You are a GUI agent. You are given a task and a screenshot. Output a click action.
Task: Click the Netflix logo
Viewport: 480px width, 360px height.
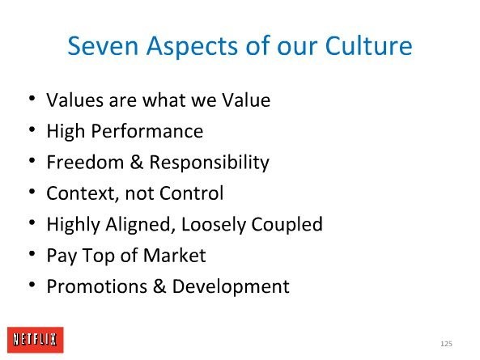(x=36, y=340)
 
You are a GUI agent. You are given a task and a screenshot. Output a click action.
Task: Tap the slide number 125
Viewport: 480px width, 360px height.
(x=446, y=344)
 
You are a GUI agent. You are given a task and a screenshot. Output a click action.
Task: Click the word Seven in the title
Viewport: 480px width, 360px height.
(x=103, y=46)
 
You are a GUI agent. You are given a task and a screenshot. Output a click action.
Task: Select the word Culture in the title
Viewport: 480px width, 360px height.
(x=368, y=45)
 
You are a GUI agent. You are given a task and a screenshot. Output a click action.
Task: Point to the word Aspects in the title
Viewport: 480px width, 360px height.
(x=192, y=47)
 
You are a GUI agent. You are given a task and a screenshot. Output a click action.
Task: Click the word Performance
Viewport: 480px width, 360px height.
(x=147, y=132)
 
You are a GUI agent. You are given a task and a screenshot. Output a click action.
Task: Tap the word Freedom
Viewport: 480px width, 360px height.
(x=85, y=162)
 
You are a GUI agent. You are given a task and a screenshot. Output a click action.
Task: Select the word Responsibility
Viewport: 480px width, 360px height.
(x=210, y=163)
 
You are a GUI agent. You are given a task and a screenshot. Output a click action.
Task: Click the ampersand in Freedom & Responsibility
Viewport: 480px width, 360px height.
(x=137, y=162)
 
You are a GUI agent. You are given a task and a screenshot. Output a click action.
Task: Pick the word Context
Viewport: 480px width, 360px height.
(x=83, y=193)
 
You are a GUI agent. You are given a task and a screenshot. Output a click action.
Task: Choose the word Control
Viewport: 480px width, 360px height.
(x=191, y=193)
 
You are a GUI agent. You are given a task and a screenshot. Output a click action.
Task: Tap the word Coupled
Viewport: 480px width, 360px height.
(x=287, y=225)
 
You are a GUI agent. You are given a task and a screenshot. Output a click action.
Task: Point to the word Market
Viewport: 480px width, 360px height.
(x=175, y=256)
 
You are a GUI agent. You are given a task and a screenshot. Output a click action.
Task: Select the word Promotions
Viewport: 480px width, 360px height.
(x=97, y=286)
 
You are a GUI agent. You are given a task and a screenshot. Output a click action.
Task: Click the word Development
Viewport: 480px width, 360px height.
(x=231, y=287)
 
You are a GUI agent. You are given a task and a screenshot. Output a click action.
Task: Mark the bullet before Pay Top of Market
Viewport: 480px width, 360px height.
(x=32, y=253)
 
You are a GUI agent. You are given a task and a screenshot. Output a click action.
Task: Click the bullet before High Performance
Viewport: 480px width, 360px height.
(x=32, y=129)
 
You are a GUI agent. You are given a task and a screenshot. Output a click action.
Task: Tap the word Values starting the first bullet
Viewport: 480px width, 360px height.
(x=74, y=100)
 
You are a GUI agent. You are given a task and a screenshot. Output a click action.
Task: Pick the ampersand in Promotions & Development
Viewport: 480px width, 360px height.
(x=159, y=286)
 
